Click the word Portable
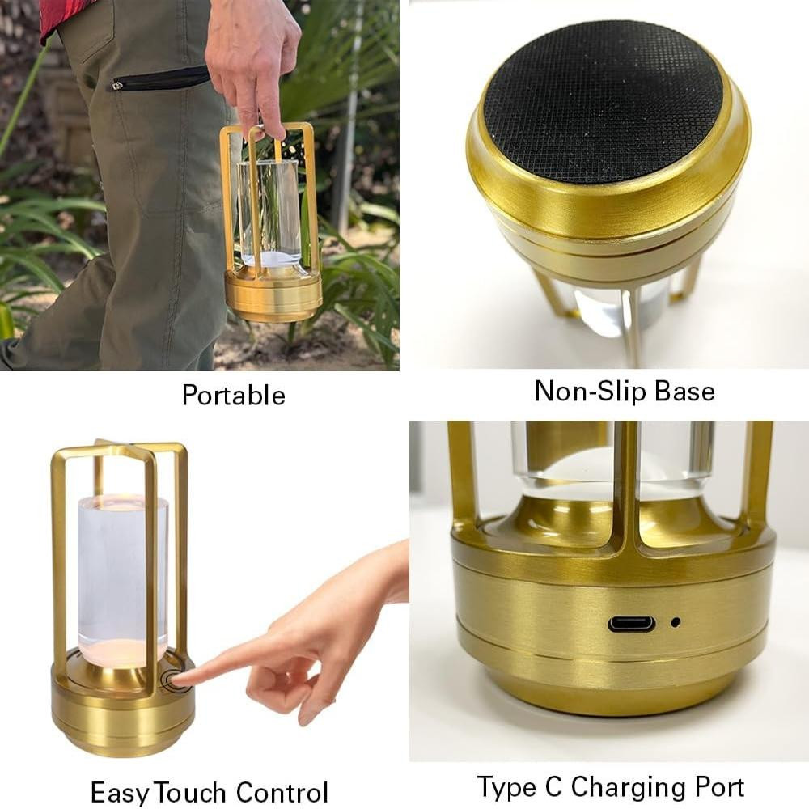233,396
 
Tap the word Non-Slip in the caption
589,391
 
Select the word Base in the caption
684,391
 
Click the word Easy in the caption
121,792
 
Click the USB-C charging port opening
632,624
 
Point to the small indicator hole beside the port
675,622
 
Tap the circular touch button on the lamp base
171,680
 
